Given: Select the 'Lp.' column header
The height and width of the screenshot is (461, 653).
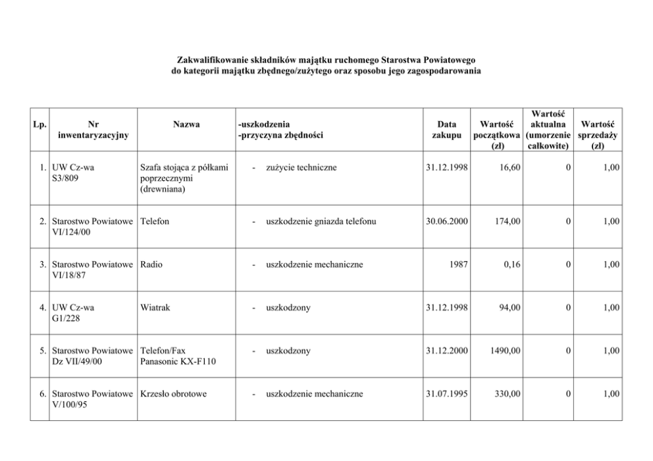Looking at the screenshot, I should click(39, 124).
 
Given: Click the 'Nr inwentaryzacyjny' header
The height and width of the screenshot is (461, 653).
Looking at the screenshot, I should click(93, 129).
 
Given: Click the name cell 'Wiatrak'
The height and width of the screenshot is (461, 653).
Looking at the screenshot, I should click(155, 307).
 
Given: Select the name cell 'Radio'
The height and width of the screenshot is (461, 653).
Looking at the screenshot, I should click(151, 264).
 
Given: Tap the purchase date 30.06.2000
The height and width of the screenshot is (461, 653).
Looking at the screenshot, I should click(446, 222).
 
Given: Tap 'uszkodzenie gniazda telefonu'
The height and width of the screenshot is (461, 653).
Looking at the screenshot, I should click(321, 222).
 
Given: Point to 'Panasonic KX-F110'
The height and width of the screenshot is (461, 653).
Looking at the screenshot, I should click(178, 361).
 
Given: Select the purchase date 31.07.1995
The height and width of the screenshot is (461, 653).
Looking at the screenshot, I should click(446, 394).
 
